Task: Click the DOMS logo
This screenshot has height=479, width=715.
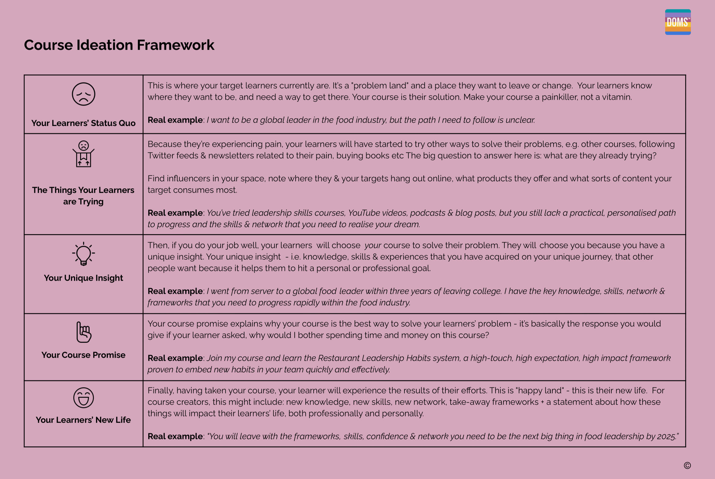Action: [x=678, y=22]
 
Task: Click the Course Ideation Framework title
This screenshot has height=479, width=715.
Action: [x=119, y=45]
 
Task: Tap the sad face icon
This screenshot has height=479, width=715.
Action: [x=83, y=94]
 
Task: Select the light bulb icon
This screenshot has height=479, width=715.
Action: [x=83, y=254]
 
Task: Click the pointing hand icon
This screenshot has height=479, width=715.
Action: [x=83, y=332]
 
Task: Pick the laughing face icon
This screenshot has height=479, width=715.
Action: [x=83, y=398]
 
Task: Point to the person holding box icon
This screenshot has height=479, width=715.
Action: [x=83, y=154]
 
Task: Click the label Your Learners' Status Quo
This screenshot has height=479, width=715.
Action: [x=83, y=123]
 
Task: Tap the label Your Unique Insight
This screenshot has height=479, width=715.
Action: [x=83, y=278]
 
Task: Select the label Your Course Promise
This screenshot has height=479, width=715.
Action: [x=83, y=355]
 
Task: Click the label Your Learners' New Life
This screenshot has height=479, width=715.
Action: [x=83, y=420]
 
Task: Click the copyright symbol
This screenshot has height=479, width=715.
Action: [x=687, y=466]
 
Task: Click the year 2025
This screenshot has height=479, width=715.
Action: [x=667, y=437]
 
